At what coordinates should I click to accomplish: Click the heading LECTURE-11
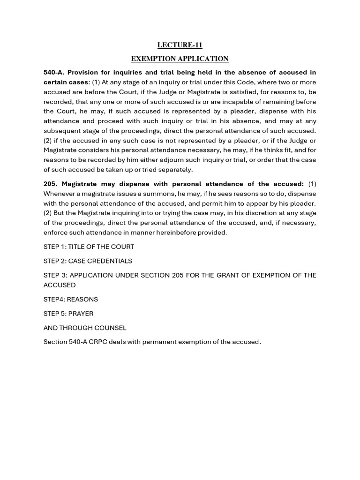click(180, 45)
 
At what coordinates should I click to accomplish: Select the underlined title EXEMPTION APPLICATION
click(180, 59)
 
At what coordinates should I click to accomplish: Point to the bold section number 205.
click(51, 184)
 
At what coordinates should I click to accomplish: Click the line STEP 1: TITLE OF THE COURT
click(89, 247)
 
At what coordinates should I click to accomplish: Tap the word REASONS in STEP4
click(83, 299)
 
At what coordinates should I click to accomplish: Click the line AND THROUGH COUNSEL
click(85, 328)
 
